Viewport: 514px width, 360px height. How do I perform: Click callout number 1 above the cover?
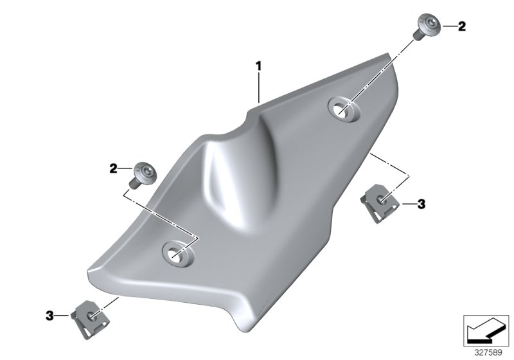tap(259, 66)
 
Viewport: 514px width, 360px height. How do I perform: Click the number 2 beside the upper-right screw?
tap(461, 26)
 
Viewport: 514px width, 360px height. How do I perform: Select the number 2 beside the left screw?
tap(113, 169)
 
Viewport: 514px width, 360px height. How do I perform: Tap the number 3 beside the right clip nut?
tap(421, 204)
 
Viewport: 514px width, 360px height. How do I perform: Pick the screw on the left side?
tap(143, 175)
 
